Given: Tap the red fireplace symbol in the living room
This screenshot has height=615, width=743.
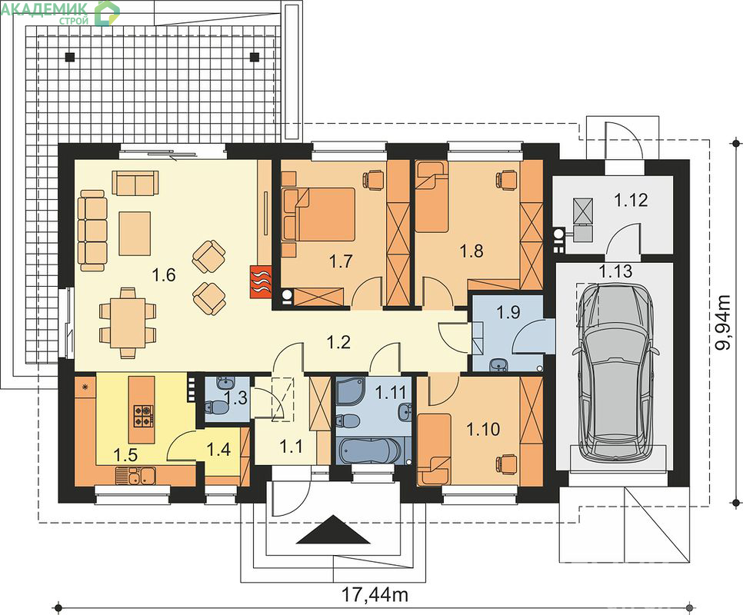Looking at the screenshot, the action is tap(261, 281).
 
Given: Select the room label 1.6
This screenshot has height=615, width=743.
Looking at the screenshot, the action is tap(164, 274).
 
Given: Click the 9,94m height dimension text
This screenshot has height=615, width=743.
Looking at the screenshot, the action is tap(724, 323).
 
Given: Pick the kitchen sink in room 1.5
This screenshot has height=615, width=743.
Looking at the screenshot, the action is tap(135, 476).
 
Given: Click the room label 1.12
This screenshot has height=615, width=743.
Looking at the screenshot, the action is tap(631, 201).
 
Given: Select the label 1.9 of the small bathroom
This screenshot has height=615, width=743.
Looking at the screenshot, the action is tap(508, 312).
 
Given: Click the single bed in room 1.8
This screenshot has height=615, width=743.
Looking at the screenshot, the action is tap(431, 196).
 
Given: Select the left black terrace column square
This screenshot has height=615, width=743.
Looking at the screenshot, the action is tap(70, 58).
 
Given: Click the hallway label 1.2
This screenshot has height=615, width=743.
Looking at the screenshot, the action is tap(338, 341).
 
